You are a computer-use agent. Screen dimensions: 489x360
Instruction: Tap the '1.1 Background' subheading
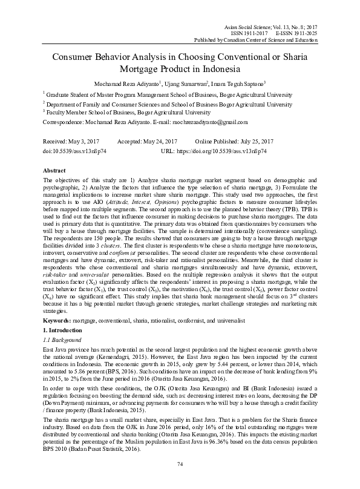click(x=62, y=341)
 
